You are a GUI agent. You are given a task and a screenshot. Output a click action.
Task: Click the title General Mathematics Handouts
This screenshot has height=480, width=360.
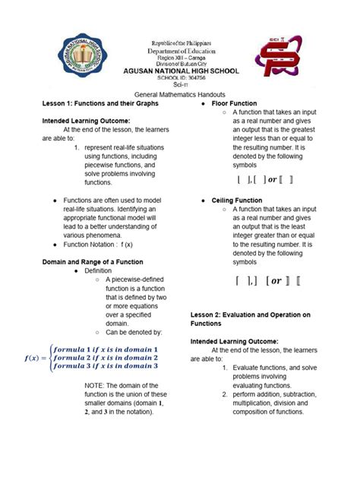(x=180, y=93)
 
